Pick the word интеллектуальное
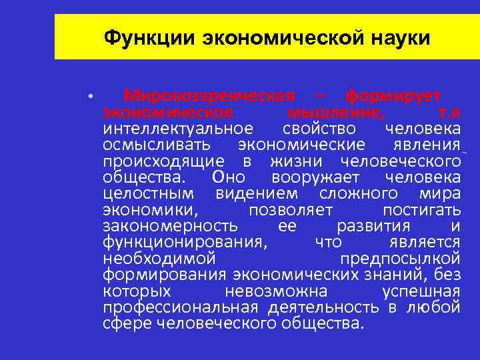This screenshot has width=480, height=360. click(178, 128)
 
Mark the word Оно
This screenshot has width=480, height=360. click(228, 177)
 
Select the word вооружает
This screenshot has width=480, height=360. click(316, 177)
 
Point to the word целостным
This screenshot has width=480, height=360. click(149, 193)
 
